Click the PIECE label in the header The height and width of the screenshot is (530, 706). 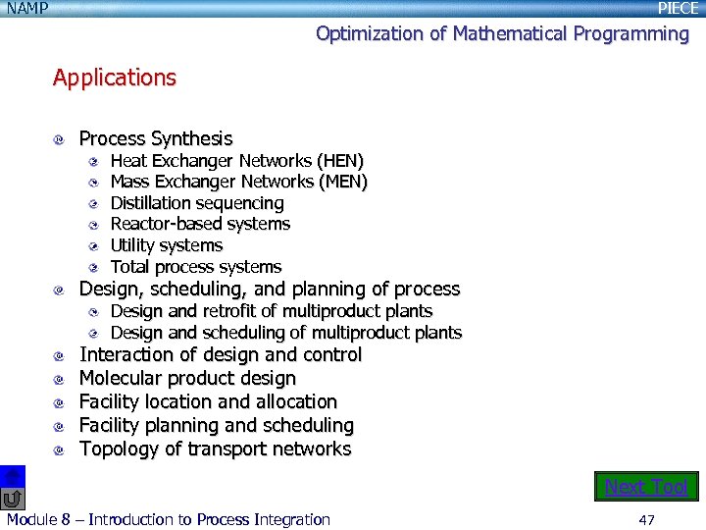(678, 8)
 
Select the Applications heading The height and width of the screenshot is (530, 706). (115, 78)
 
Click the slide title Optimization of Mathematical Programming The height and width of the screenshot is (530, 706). (502, 33)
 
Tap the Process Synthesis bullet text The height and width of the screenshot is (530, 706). (155, 138)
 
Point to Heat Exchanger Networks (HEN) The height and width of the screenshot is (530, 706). (236, 160)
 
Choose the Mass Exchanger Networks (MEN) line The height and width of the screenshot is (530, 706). (238, 182)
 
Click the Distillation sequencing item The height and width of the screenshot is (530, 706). (197, 203)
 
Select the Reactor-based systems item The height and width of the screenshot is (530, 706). (200, 224)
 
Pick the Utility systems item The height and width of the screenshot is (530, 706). (166, 245)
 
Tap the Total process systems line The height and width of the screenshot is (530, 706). (195, 267)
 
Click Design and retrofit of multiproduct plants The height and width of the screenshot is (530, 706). (271, 311)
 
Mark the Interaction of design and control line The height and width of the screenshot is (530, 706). (220, 354)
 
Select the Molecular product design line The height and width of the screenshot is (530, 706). (187, 378)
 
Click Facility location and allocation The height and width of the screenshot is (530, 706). (208, 401)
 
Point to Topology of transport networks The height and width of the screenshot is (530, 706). (215, 449)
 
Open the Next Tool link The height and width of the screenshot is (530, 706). (646, 487)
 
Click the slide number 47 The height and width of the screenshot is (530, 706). (646, 519)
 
